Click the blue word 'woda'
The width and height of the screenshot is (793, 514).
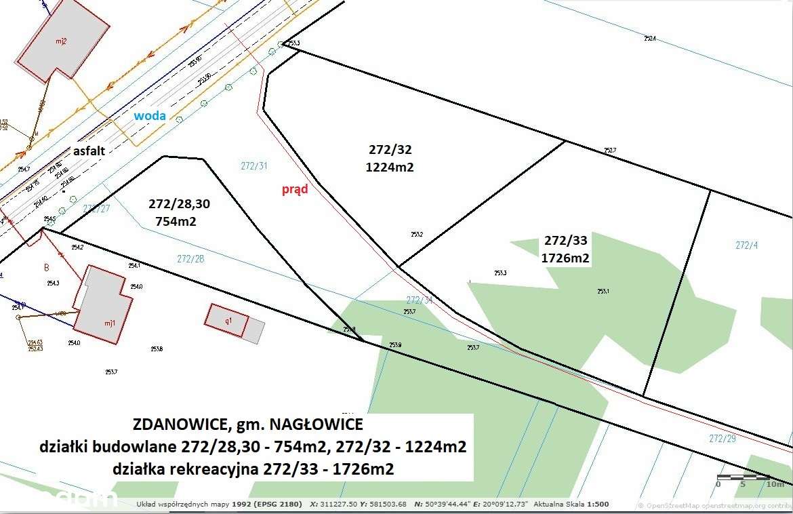pos(149,116)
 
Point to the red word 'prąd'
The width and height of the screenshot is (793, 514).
pos(295,189)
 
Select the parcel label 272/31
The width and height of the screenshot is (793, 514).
pos(254,165)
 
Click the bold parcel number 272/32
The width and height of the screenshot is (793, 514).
pos(390,150)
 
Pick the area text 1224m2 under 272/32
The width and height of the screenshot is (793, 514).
pos(390,167)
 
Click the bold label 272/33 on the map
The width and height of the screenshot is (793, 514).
pos(565,241)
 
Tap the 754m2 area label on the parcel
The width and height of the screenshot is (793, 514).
pos(176,221)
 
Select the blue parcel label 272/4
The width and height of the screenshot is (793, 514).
pos(746,245)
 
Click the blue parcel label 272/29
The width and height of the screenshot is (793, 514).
pos(723,439)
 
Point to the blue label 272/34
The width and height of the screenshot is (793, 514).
pos(419,300)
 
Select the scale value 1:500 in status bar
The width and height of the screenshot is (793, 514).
pos(598,505)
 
